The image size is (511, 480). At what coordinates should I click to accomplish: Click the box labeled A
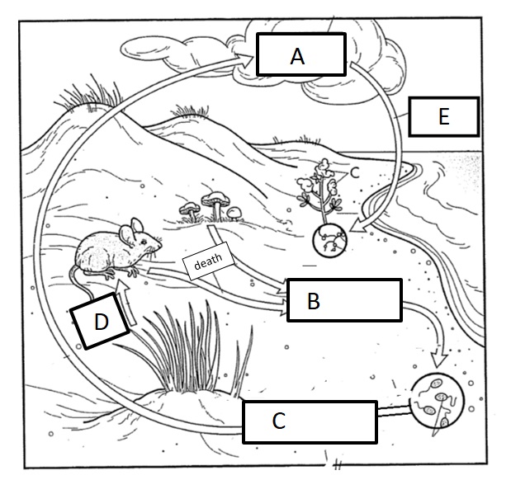[298, 55]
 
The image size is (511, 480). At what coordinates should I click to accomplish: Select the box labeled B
[344, 300]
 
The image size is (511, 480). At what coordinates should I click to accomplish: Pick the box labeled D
[102, 322]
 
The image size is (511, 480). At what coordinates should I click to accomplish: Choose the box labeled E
[442, 117]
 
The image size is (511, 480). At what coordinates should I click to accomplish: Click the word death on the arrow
[208, 265]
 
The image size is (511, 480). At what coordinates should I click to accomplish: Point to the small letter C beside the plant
[354, 172]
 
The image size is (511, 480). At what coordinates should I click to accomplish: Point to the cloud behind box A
[363, 41]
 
